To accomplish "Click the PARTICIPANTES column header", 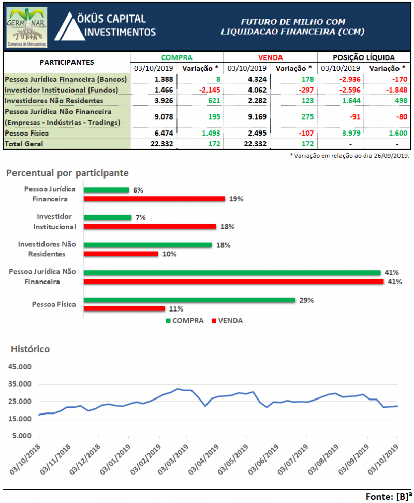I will click(x=67, y=62).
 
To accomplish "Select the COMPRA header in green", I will click(x=176, y=57).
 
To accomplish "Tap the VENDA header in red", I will click(x=270, y=57).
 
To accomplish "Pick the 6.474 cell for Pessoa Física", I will click(x=153, y=133).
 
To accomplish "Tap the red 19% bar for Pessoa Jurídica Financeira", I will click(x=154, y=198).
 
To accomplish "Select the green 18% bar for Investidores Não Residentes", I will click(x=147, y=245).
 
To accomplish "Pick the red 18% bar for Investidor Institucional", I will click(x=150, y=226).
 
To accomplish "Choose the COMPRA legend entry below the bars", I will click(x=184, y=320).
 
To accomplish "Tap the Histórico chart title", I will click(x=31, y=349).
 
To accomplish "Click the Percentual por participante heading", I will click(x=67, y=172).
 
